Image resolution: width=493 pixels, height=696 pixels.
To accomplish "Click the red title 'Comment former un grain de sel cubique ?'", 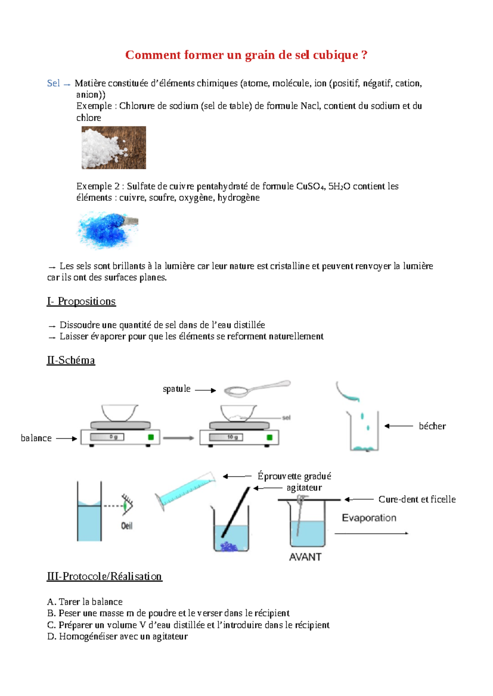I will click(x=246, y=55).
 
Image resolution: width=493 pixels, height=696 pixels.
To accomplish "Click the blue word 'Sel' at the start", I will click(x=53, y=83).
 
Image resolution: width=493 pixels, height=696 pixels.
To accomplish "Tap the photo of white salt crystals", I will click(x=114, y=148).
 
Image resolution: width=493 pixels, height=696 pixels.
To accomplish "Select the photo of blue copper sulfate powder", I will click(x=107, y=230).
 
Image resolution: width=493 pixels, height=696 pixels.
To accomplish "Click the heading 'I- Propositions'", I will click(x=81, y=302).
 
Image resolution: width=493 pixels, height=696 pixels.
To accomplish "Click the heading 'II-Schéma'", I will click(x=71, y=360).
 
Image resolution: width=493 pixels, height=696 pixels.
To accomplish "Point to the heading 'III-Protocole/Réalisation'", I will click(x=104, y=577).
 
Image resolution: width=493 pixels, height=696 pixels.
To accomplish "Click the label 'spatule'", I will click(x=177, y=389).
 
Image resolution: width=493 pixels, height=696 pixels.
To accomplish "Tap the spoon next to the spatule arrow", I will click(x=255, y=388).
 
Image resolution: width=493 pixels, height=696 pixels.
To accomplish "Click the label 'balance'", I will click(x=36, y=438).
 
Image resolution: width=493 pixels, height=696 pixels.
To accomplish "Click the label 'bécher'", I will click(x=432, y=426).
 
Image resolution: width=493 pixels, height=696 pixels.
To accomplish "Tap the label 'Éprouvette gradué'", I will click(x=294, y=476).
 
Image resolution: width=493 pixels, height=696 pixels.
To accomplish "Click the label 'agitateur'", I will click(x=304, y=488).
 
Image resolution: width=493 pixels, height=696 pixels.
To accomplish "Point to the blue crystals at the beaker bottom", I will click(x=228, y=546).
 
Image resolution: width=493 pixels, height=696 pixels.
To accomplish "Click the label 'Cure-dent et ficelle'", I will click(x=417, y=499).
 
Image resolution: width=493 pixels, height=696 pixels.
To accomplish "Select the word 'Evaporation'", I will click(x=369, y=518).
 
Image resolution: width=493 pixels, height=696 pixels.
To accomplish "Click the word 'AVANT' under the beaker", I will click(x=305, y=557).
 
